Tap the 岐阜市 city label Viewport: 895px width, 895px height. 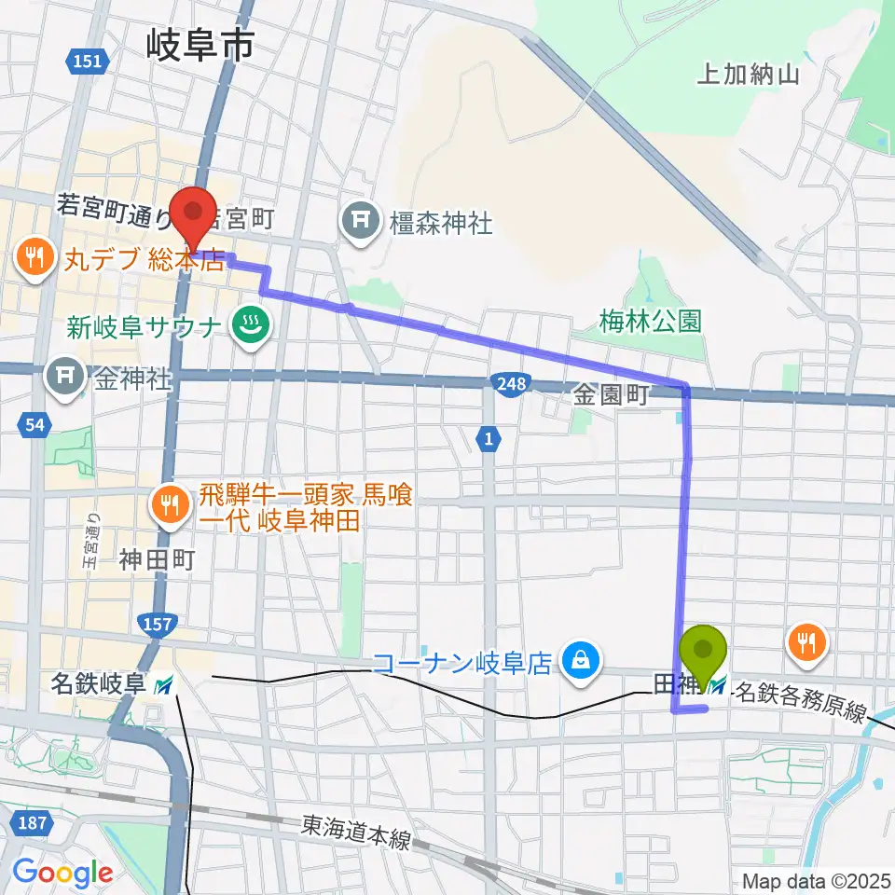tap(200, 44)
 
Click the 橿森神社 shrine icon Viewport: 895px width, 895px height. tap(359, 222)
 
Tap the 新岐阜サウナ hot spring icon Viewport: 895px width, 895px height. tap(251, 325)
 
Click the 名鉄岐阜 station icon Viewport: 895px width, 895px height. tap(164, 686)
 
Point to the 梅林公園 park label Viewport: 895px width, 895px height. tap(650, 322)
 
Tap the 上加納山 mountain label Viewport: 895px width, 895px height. tap(748, 76)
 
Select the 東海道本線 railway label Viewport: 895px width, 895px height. tap(355, 833)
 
